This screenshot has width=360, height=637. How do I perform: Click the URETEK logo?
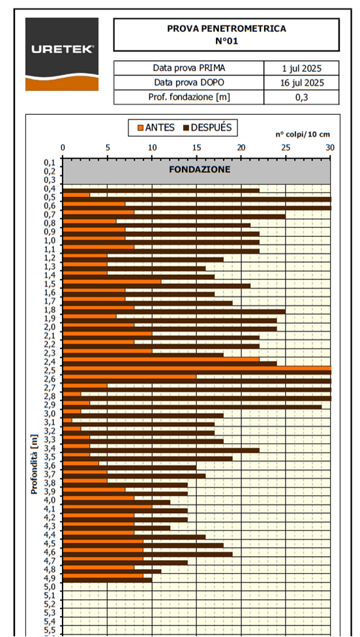[62, 54]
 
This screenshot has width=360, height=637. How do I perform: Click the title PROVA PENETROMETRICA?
[226, 29]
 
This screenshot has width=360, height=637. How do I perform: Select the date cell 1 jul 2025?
[302, 68]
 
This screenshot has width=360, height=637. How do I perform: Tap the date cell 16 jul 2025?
[302, 83]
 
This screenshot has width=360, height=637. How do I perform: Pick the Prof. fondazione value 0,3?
[302, 97]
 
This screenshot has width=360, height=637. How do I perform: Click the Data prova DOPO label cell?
[189, 83]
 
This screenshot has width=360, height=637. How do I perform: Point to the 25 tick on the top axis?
[286, 148]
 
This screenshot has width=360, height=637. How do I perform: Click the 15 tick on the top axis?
[197, 148]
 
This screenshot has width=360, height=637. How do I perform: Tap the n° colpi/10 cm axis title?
[301, 134]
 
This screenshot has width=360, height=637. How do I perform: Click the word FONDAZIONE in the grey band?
[196, 169]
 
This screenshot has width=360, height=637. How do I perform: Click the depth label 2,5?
[50, 370]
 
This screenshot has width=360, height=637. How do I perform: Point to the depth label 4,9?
[50, 578]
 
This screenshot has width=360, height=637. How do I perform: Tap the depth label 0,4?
[50, 188]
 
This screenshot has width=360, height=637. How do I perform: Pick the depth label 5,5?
[50, 630]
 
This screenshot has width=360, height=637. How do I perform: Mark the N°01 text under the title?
[226, 40]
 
